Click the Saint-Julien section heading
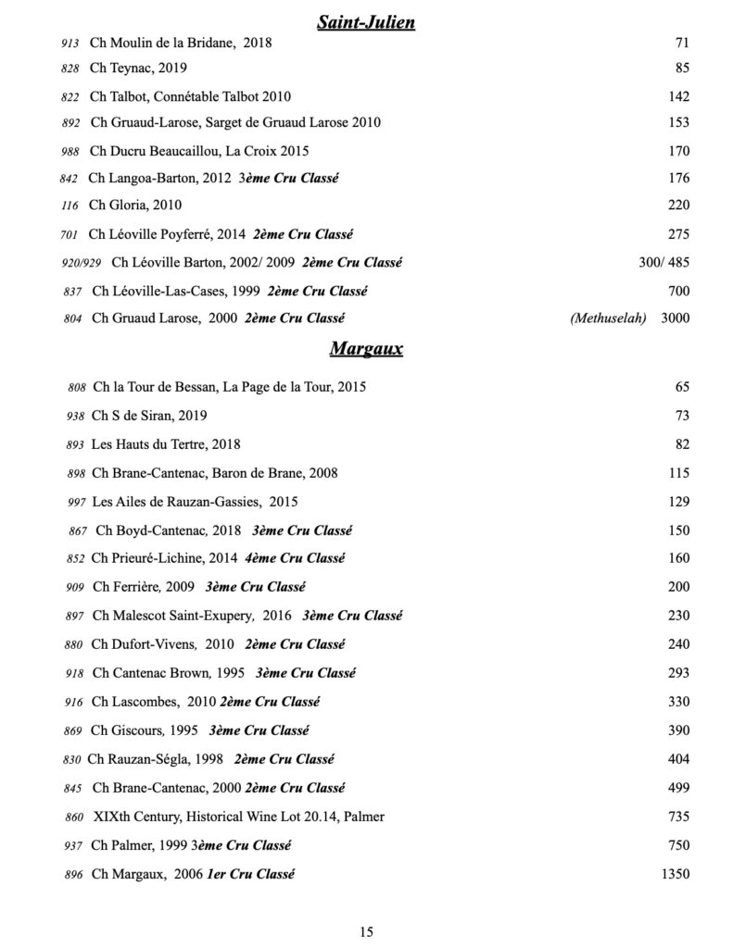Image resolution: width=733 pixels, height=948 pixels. [366, 22]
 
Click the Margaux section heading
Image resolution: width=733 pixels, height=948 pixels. [366, 350]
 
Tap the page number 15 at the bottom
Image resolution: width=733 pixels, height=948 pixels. [366, 931]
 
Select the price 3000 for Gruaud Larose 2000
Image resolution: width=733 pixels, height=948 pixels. [675, 318]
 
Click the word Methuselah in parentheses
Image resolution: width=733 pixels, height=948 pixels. [609, 318]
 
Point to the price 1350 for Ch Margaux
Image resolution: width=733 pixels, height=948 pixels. [675, 873]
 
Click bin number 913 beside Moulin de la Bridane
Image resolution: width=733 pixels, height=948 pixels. [70, 44]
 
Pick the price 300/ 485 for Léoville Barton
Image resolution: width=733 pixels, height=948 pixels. [664, 262]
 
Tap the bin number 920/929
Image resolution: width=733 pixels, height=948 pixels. [82, 263]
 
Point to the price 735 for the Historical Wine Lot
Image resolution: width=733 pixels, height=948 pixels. [678, 817]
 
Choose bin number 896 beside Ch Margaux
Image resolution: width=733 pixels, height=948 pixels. [74, 874]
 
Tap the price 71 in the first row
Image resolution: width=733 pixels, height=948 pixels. [682, 43]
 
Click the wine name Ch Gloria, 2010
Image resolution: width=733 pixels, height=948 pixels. [135, 206]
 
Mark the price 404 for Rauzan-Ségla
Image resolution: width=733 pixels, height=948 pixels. [678, 759]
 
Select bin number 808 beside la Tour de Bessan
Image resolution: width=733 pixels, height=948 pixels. [77, 388]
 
